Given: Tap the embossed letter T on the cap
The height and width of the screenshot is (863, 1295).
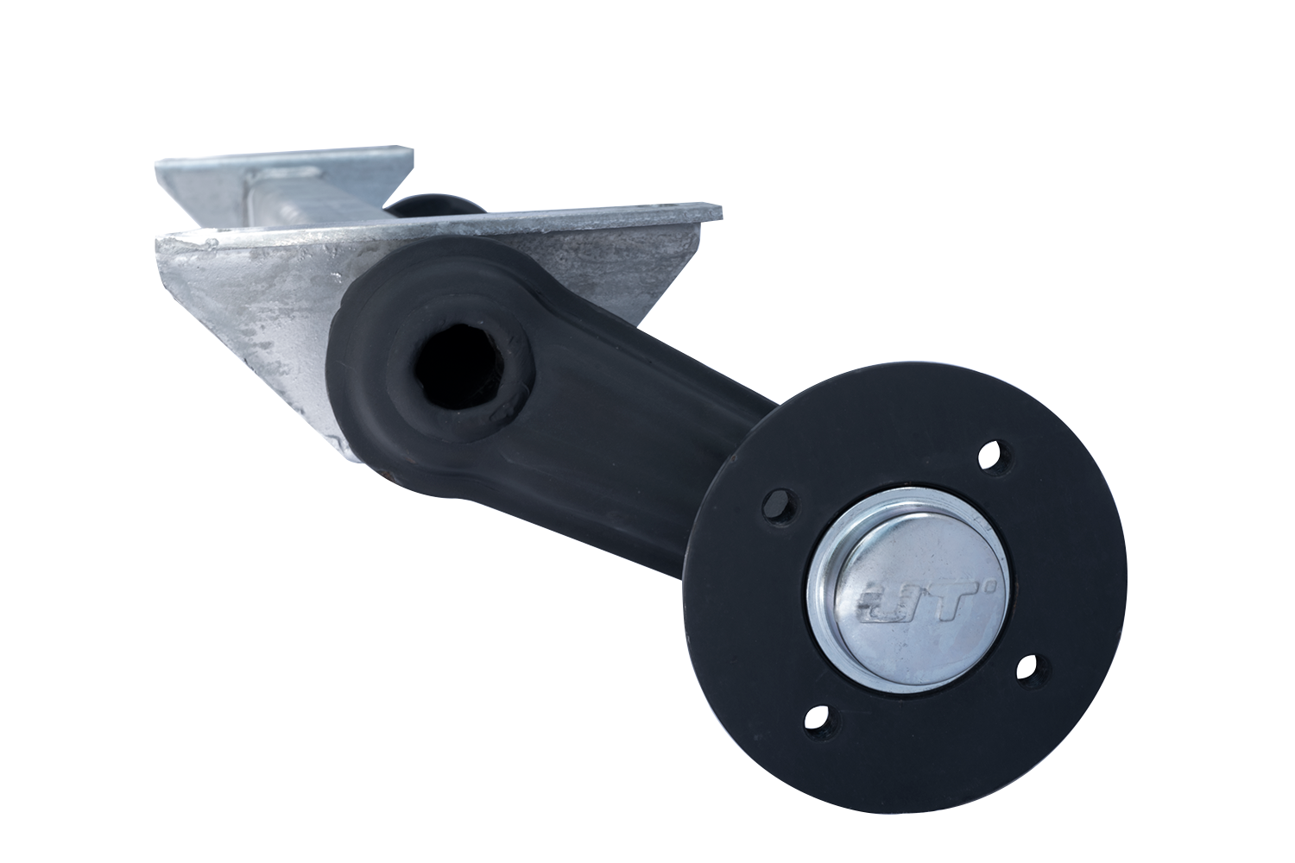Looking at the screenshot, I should pyautogui.click(x=950, y=602).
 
